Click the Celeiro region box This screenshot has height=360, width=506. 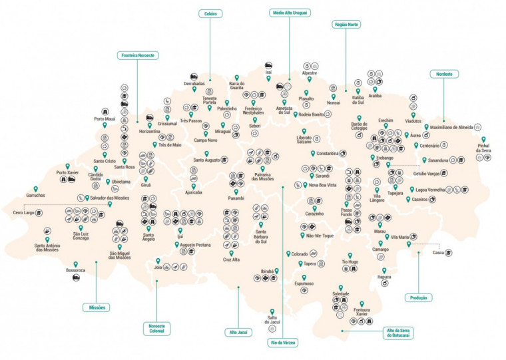[210, 13]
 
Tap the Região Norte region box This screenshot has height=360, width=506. [346, 24]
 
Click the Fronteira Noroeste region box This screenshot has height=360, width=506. [137, 55]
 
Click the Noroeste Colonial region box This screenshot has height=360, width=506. [157, 329]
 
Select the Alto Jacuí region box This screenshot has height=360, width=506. [238, 331]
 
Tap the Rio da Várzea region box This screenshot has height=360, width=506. [283, 342]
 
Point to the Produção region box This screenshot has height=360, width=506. [418, 297]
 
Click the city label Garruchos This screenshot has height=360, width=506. [36, 196]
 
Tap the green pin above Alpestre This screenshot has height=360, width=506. [314, 65]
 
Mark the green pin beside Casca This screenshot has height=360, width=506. [409, 245]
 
